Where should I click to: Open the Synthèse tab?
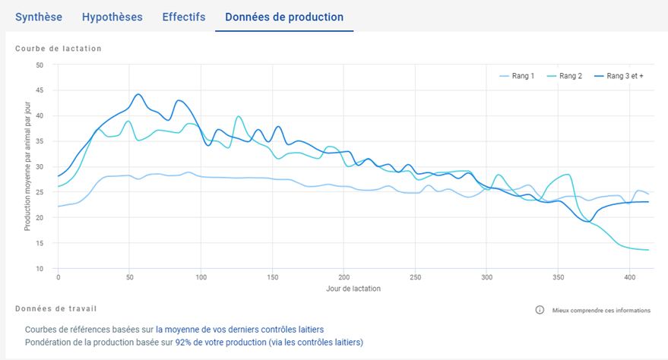pyautogui.click(x=39, y=17)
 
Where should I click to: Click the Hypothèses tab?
pyautogui.click(x=112, y=17)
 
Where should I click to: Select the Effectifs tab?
pyautogui.click(x=184, y=17)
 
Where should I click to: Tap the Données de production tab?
pyautogui.click(x=284, y=17)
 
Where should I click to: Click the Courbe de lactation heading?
pyautogui.click(x=59, y=49)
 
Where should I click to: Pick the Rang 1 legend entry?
pyautogui.click(x=517, y=76)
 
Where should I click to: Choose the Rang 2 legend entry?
pyautogui.click(x=565, y=76)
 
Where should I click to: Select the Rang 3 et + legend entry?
pyautogui.click(x=619, y=76)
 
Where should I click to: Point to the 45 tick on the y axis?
pyautogui.click(x=40, y=90)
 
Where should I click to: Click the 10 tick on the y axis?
pyautogui.click(x=40, y=269)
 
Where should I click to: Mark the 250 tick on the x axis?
pyautogui.click(x=416, y=277)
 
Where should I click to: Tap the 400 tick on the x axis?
pyautogui.click(x=630, y=277)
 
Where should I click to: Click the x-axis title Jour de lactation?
pyautogui.click(x=353, y=289)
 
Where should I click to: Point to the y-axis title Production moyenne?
pyautogui.click(x=27, y=166)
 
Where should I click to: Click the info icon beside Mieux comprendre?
pyautogui.click(x=540, y=310)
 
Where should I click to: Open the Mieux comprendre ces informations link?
pyautogui.click(x=601, y=310)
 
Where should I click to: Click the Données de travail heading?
pyautogui.click(x=56, y=308)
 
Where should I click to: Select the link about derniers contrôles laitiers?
pyautogui.click(x=240, y=330)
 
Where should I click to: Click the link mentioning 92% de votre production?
pyautogui.click(x=269, y=343)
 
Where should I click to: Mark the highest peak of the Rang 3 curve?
pyautogui.click(x=138, y=94)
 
